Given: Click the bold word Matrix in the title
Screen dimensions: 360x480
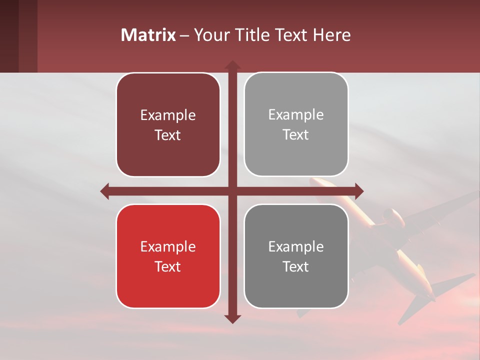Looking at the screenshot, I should tap(148, 35).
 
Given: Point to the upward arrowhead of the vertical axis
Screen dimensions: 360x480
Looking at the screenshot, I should tap(232, 65).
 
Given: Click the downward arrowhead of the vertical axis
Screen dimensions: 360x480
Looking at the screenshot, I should tap(232, 318).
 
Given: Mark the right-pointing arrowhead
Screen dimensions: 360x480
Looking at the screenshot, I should tap(358, 191).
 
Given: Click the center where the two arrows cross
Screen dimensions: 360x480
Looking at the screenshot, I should tap(232, 191).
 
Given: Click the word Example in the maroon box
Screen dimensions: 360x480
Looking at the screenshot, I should tap(168, 115).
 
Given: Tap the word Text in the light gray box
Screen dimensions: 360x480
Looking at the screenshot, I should tap(296, 135).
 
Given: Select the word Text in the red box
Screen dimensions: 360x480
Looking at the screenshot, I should tap(168, 266).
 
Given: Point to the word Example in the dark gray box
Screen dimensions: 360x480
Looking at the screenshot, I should tap(296, 246).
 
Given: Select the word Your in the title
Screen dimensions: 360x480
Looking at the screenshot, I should tap(210, 35).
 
